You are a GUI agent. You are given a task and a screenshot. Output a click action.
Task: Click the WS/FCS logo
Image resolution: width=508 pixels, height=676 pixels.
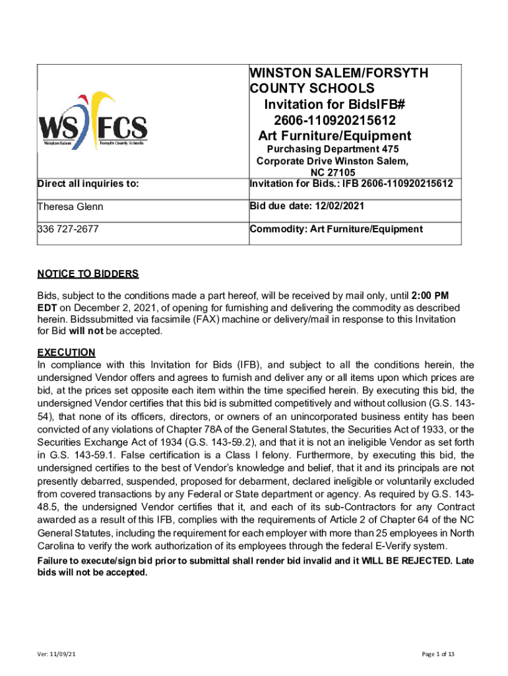(x=92, y=119)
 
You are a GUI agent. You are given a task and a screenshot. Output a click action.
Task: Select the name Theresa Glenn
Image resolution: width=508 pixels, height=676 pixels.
(x=71, y=207)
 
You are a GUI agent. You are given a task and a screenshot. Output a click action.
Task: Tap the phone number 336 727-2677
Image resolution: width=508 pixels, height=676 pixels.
(x=68, y=230)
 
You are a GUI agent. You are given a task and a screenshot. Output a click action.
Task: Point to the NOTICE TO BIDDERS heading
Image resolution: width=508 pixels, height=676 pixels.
(x=88, y=274)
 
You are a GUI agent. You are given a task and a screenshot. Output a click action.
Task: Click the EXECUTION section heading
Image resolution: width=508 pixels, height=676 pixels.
(x=66, y=353)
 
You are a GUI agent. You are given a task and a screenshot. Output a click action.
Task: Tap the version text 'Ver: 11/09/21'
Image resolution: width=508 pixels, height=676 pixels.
(x=60, y=654)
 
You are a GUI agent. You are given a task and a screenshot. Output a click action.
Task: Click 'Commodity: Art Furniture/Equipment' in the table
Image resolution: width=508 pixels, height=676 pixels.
(x=336, y=230)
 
